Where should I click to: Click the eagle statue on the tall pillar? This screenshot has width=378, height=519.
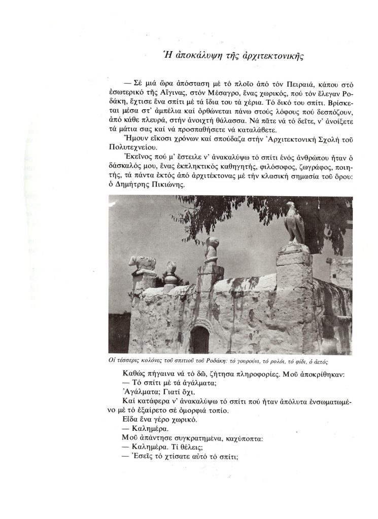point(292,223)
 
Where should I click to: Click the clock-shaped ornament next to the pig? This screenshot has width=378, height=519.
point(171,267)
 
